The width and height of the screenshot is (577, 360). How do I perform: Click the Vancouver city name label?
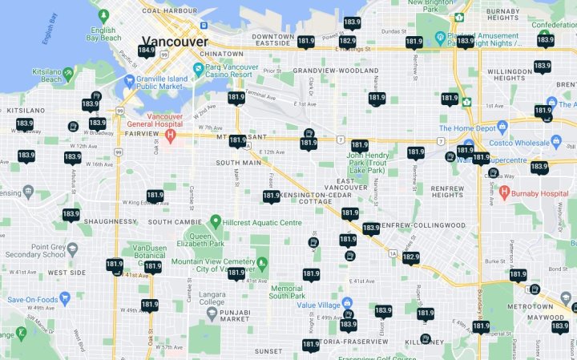pyautogui.click(x=174, y=42)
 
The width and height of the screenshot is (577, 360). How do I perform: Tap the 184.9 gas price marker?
pyautogui.click(x=146, y=51)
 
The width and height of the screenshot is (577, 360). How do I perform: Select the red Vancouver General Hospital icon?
pyautogui.click(x=170, y=135)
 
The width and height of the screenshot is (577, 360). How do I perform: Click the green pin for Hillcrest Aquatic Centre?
pyautogui.click(x=215, y=220)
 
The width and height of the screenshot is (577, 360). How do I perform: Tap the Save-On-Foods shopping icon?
pyautogui.click(x=65, y=297)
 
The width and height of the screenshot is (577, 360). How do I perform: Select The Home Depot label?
pyautogui.click(x=466, y=128)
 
